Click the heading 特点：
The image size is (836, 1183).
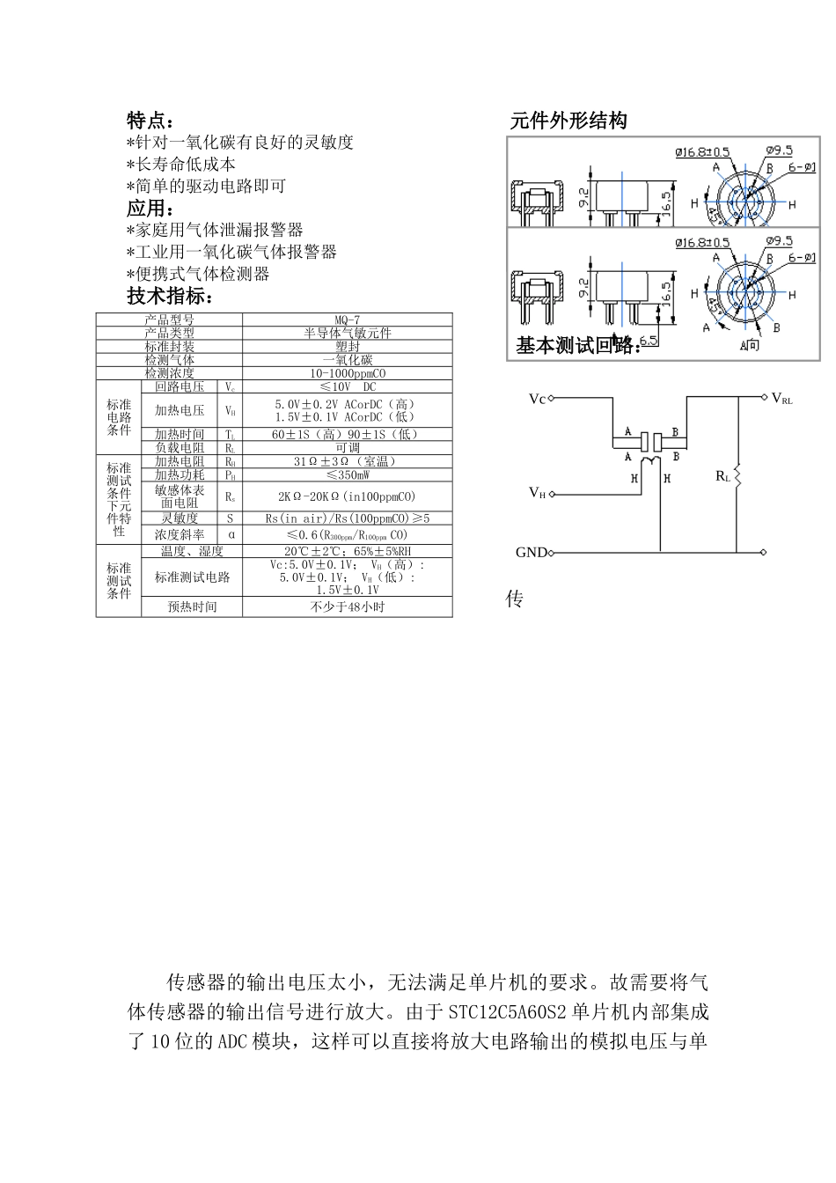[150, 121]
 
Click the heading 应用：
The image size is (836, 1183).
[150, 209]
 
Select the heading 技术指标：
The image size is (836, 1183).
[171, 296]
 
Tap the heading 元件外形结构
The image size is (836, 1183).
[568, 121]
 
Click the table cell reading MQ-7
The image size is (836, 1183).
[347, 320]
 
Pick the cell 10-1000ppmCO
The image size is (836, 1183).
[347, 372]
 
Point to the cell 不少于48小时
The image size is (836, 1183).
[347, 606]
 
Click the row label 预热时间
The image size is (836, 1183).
[192, 606]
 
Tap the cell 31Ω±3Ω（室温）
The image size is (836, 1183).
[347, 461]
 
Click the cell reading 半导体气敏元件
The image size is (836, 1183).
[347, 333]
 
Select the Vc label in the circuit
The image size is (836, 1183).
[537, 399]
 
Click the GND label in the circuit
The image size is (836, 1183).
[531, 553]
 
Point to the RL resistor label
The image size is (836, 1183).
[723, 476]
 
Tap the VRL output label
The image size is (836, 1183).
[781, 399]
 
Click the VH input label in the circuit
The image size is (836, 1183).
[537, 492]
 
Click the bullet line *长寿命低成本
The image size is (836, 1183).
[181, 165]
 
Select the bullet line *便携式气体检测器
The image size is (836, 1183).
[198, 274]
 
